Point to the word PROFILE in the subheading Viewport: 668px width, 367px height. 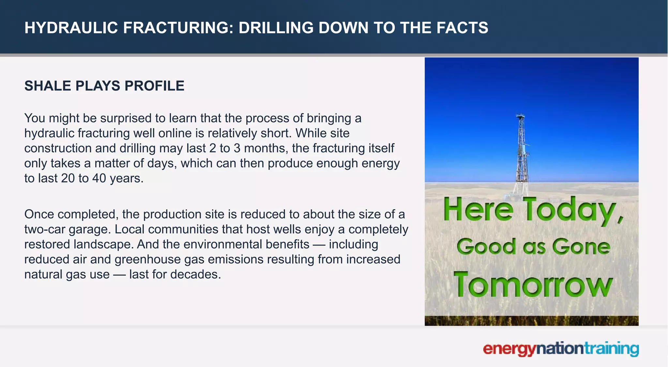[154, 86]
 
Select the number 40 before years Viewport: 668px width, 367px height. [99, 178]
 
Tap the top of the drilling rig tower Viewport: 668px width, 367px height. [521, 116]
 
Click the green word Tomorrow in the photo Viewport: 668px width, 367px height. [533, 285]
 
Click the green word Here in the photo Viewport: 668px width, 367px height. [478, 210]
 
